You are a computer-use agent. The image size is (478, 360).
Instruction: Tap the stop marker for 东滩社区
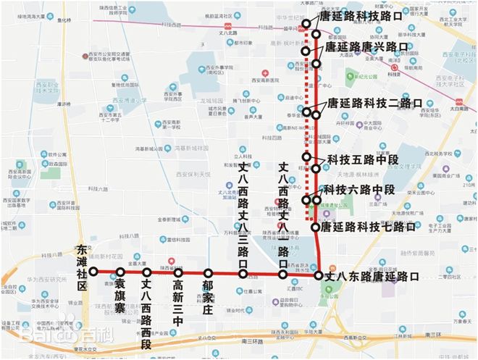[x=93, y=272]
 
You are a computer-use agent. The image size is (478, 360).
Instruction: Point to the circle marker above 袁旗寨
[x=120, y=272]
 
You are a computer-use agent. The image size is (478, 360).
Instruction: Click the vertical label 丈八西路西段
[x=147, y=305]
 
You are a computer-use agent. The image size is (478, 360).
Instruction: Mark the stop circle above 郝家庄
[x=208, y=274]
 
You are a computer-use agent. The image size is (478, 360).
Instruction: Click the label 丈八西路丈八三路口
[x=243, y=204]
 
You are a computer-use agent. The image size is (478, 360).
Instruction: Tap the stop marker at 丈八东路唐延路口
[x=317, y=275]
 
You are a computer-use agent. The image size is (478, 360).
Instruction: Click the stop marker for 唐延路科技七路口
[x=316, y=227]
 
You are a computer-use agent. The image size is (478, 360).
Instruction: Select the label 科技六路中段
[x=359, y=189]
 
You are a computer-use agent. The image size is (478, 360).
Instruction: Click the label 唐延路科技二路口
[x=374, y=103]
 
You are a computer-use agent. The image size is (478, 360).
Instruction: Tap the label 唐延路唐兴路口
[x=366, y=47]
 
